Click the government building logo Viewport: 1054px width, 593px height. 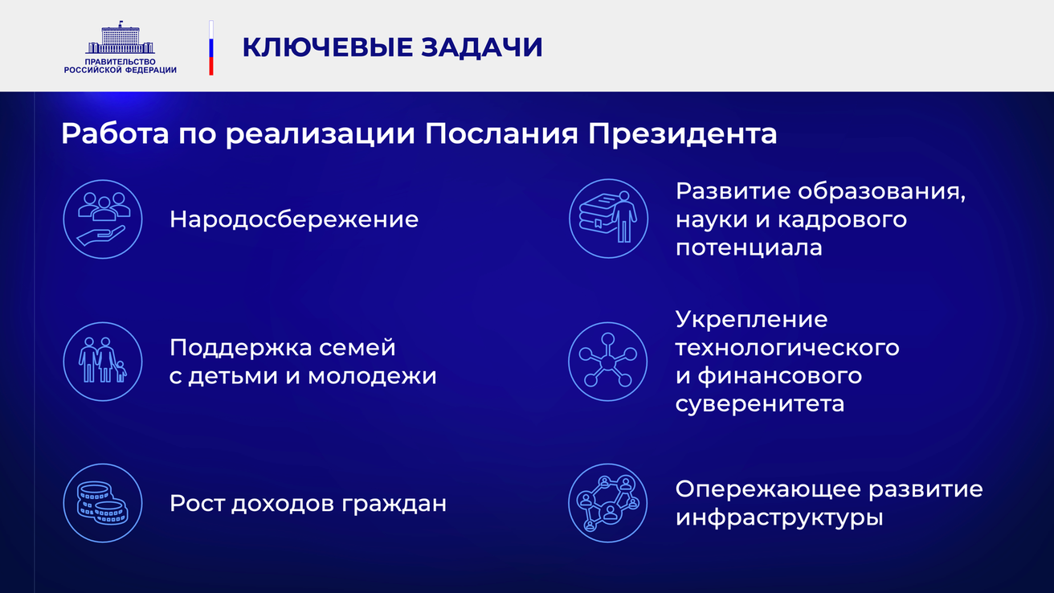pos(120,37)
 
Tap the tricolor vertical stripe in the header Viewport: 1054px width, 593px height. pos(211,47)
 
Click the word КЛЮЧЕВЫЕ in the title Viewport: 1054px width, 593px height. pos(328,47)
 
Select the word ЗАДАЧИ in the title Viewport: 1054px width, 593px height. pos(482,47)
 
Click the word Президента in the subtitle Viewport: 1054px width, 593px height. pos(682,133)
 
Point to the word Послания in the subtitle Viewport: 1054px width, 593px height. pos(501,133)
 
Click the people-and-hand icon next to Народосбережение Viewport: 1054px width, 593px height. pos(103,219)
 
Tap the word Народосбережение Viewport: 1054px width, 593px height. pos(294,219)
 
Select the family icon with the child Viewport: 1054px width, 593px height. pos(103,362)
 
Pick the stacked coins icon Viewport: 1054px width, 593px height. pos(103,503)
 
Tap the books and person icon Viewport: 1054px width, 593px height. pos(608,219)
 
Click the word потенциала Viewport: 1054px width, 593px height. pos(749,247)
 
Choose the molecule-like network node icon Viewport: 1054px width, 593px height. pos(608,362)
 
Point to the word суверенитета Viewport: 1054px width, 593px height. pos(760,404)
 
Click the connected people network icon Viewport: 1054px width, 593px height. pos(608,503)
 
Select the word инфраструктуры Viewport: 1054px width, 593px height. pos(779,517)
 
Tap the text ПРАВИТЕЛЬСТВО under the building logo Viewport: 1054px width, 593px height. pos(120,62)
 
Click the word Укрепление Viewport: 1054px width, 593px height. pos(751,320)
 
